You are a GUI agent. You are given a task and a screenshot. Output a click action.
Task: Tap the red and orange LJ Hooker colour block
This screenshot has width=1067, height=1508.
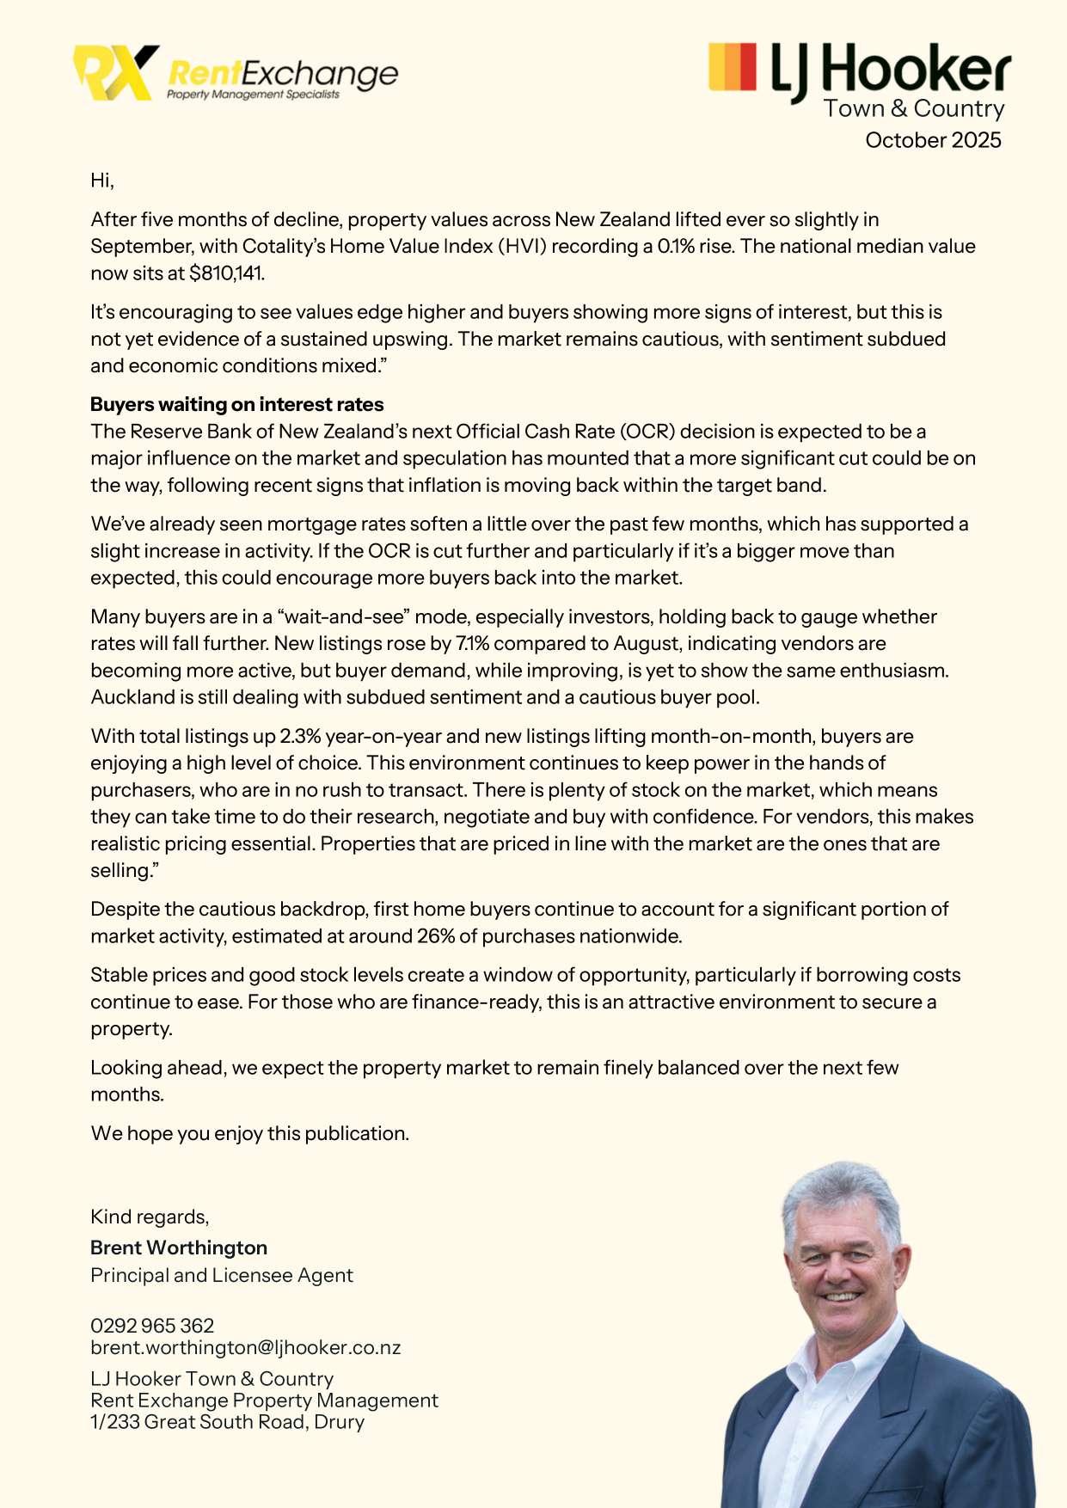click(732, 66)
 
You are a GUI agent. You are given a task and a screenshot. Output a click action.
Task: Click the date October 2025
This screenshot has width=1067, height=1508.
click(933, 140)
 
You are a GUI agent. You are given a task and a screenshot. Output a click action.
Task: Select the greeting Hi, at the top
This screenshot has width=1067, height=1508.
click(102, 180)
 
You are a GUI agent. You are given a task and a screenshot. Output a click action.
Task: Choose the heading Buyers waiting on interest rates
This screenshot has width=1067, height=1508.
click(236, 404)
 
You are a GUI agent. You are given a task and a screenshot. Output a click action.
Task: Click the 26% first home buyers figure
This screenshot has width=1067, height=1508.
click(435, 936)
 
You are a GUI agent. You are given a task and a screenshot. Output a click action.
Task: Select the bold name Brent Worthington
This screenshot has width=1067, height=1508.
click(179, 1247)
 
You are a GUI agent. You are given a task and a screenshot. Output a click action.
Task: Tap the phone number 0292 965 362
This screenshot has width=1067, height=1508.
click(152, 1326)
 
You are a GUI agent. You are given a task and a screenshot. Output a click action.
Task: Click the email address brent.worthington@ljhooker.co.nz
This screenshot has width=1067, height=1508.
click(246, 1347)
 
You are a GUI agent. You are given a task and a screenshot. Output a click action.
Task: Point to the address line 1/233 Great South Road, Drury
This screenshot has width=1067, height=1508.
click(227, 1422)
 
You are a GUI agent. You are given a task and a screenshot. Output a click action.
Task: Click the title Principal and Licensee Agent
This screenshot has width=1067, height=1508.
click(222, 1275)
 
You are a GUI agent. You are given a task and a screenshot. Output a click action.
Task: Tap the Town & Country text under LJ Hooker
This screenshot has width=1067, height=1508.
click(913, 108)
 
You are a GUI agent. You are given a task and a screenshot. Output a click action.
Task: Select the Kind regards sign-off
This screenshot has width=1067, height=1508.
click(150, 1217)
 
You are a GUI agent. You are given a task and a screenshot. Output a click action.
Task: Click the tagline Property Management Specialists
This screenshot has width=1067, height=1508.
click(253, 95)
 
